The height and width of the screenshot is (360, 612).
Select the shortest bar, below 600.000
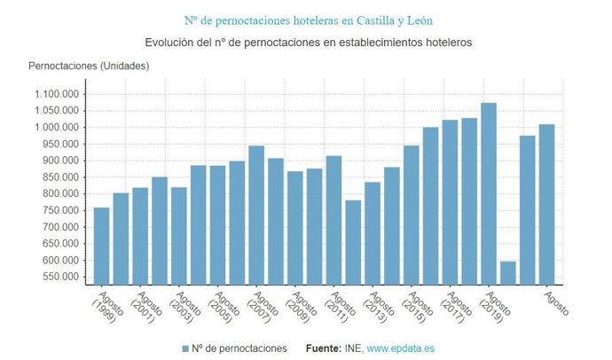[508, 272]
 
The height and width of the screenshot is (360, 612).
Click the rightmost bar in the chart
[547, 204]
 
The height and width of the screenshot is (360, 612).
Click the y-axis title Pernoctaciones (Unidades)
[89, 66]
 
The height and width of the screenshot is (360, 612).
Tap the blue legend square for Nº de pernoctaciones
[185, 348]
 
